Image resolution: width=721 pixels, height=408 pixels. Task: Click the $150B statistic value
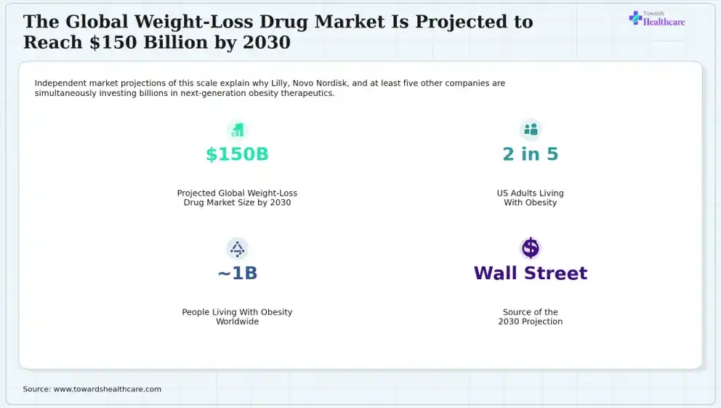tap(237, 154)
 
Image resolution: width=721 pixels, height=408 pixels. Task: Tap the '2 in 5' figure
tap(530, 154)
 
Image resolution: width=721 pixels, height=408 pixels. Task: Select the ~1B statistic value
tap(237, 273)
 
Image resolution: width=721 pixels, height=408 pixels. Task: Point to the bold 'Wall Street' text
tap(530, 273)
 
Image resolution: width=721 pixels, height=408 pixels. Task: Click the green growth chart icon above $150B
tap(237, 129)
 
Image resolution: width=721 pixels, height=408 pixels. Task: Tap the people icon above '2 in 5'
tap(531, 129)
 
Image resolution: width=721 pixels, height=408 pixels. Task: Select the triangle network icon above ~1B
tap(237, 249)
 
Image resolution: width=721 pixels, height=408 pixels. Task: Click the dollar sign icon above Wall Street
tap(530, 249)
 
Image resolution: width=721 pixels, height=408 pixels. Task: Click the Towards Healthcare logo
tap(657, 18)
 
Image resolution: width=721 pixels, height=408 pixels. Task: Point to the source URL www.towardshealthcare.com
tap(108, 389)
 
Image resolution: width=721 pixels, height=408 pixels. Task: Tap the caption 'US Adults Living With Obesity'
tap(530, 198)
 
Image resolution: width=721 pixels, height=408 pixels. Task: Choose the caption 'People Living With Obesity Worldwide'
tap(237, 316)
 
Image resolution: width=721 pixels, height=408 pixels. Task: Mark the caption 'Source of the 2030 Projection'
tap(530, 316)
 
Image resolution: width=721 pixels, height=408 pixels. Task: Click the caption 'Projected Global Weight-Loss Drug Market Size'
tap(237, 198)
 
